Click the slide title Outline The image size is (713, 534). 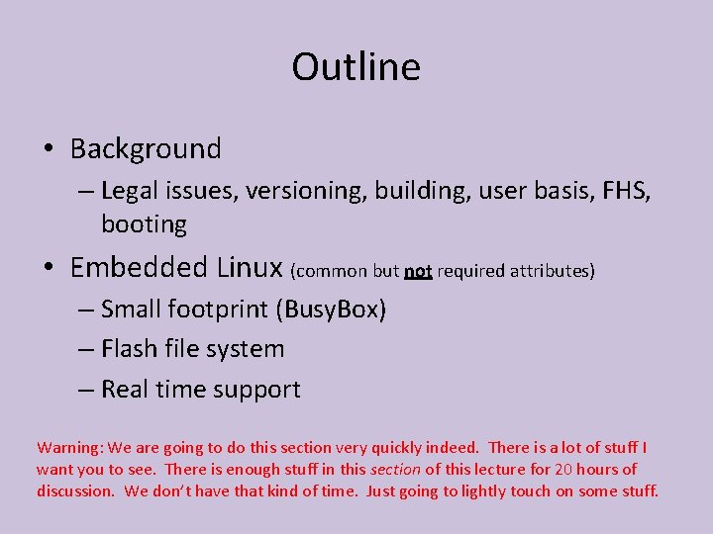pos(356,67)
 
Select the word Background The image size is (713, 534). pos(146,149)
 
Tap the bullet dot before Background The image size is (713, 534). pos(48,150)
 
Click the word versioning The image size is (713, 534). pos(306,190)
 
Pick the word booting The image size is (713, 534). pos(144,224)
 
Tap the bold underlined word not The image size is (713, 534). pos(418,271)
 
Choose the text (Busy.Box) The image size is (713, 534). pos(333,310)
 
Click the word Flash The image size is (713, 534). pos(130,349)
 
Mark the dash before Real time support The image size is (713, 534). pos(86,390)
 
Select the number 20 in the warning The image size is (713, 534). pos(564,470)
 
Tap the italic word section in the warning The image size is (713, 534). pos(395,470)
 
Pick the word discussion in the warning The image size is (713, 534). pos(75,491)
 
